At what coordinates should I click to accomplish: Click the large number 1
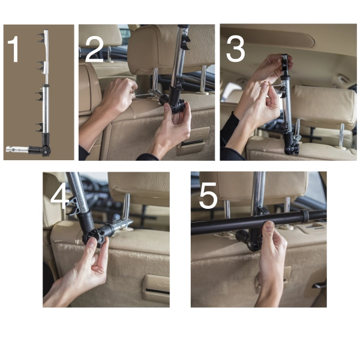point(14,49)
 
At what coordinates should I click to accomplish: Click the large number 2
point(94,50)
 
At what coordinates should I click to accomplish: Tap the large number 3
point(235,50)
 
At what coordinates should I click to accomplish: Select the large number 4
point(59,196)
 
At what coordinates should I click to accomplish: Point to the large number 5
point(208,196)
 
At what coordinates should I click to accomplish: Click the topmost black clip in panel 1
point(41,38)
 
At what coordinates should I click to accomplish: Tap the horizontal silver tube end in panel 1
point(17,149)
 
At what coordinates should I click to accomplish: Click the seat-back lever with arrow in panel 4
point(156,288)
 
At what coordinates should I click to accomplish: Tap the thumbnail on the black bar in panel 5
point(269,226)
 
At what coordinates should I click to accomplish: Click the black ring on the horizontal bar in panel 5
point(306,216)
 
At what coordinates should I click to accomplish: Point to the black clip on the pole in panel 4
point(73,206)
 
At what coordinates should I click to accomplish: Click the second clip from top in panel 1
point(41,65)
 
